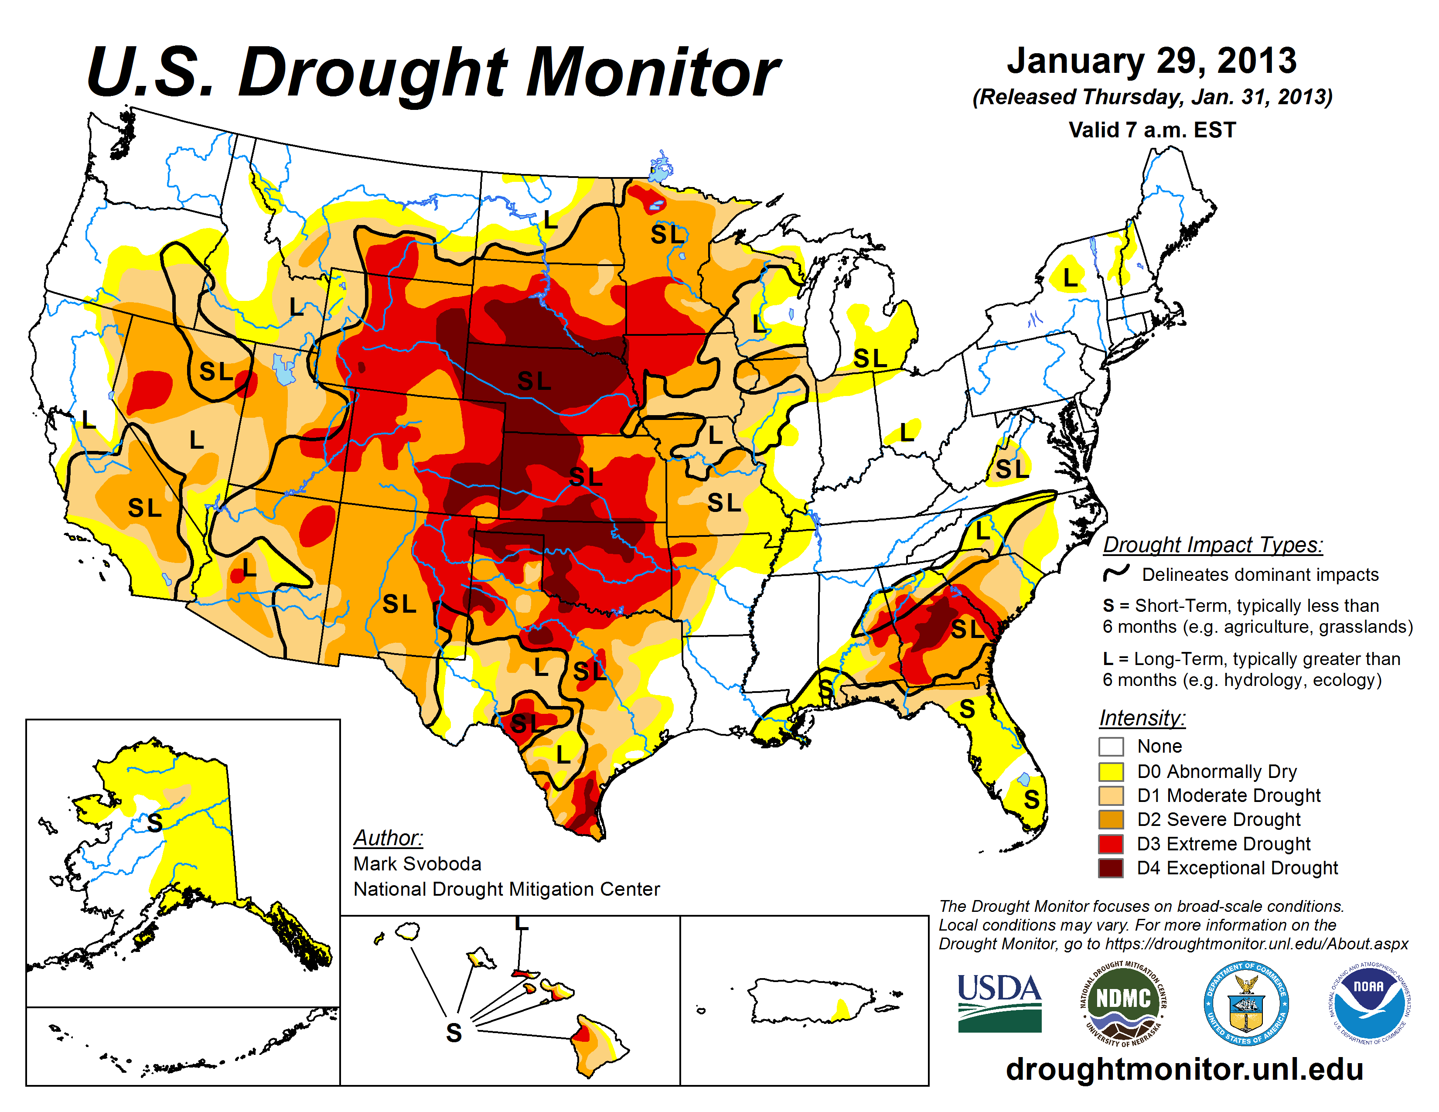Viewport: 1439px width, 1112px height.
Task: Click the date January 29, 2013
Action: tap(1152, 61)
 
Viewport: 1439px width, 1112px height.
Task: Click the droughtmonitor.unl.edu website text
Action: tap(1184, 1068)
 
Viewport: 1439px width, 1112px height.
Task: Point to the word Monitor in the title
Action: tap(652, 74)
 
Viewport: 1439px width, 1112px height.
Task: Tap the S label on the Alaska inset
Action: tap(155, 823)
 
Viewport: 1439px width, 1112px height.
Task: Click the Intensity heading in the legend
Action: tap(1142, 717)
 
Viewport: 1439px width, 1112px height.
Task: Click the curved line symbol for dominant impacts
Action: tap(1116, 573)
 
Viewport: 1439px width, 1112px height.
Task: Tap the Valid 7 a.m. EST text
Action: tap(1152, 130)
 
